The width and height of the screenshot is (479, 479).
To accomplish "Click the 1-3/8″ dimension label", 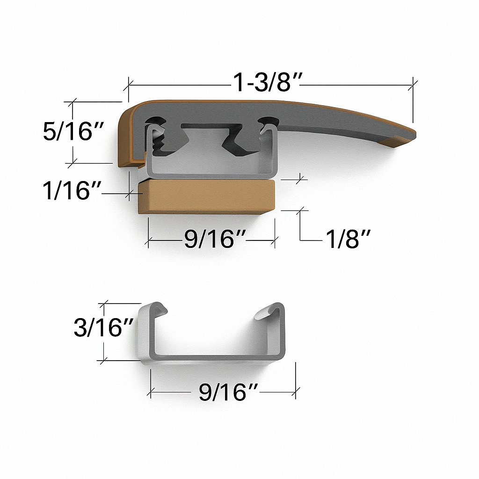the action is (x=267, y=82).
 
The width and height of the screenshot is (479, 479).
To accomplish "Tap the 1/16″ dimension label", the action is (x=72, y=191).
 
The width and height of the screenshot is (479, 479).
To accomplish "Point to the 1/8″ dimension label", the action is (x=348, y=239).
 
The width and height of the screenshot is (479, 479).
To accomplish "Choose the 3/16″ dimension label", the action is (x=103, y=327).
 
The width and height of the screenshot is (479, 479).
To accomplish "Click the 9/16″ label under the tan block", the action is (x=215, y=239).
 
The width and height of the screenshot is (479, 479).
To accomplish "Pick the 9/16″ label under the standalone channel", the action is (x=228, y=392).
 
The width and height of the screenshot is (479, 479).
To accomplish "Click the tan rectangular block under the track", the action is (x=206, y=196).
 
